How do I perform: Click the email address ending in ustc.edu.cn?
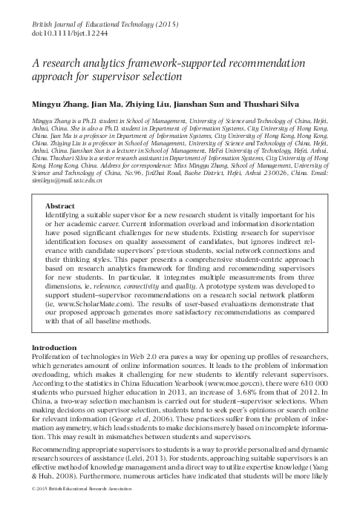(59, 180)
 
